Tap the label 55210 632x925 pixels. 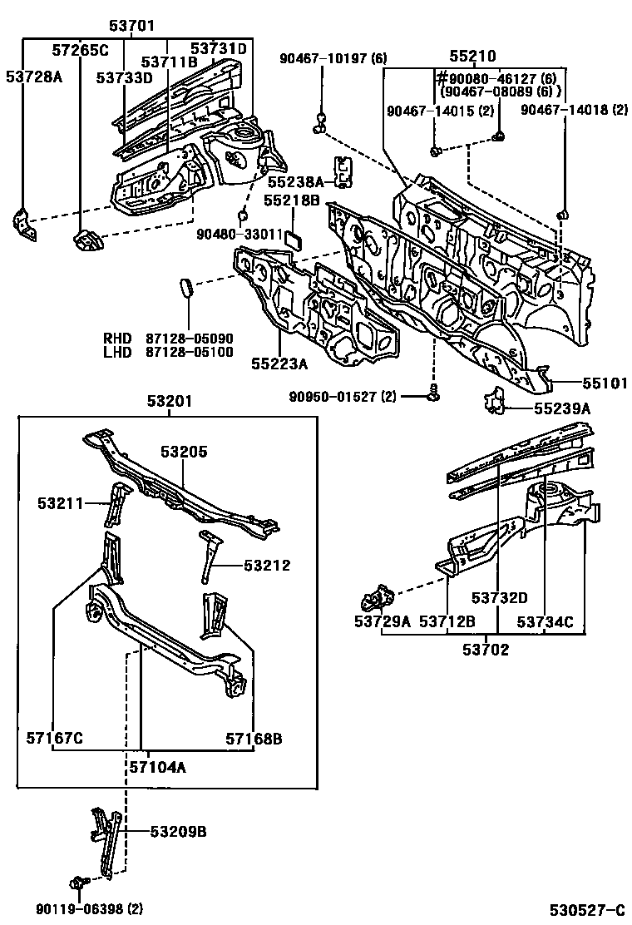tap(472, 57)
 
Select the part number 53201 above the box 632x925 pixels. tap(170, 401)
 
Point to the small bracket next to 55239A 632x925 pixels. tap(496, 400)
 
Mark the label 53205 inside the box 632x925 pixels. tap(184, 452)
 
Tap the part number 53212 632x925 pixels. tap(267, 566)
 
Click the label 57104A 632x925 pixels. tap(157, 767)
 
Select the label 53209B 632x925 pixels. tap(178, 831)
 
